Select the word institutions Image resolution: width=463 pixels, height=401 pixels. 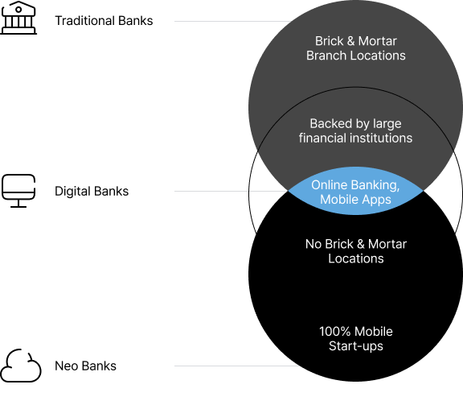point(380,138)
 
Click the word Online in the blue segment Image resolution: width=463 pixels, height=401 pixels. point(329,184)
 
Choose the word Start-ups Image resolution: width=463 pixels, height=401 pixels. point(356,345)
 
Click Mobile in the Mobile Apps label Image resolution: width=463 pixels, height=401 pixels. point(340,199)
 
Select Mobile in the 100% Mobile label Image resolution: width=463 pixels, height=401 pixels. point(374,331)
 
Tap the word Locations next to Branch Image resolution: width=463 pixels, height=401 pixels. point(379,56)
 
